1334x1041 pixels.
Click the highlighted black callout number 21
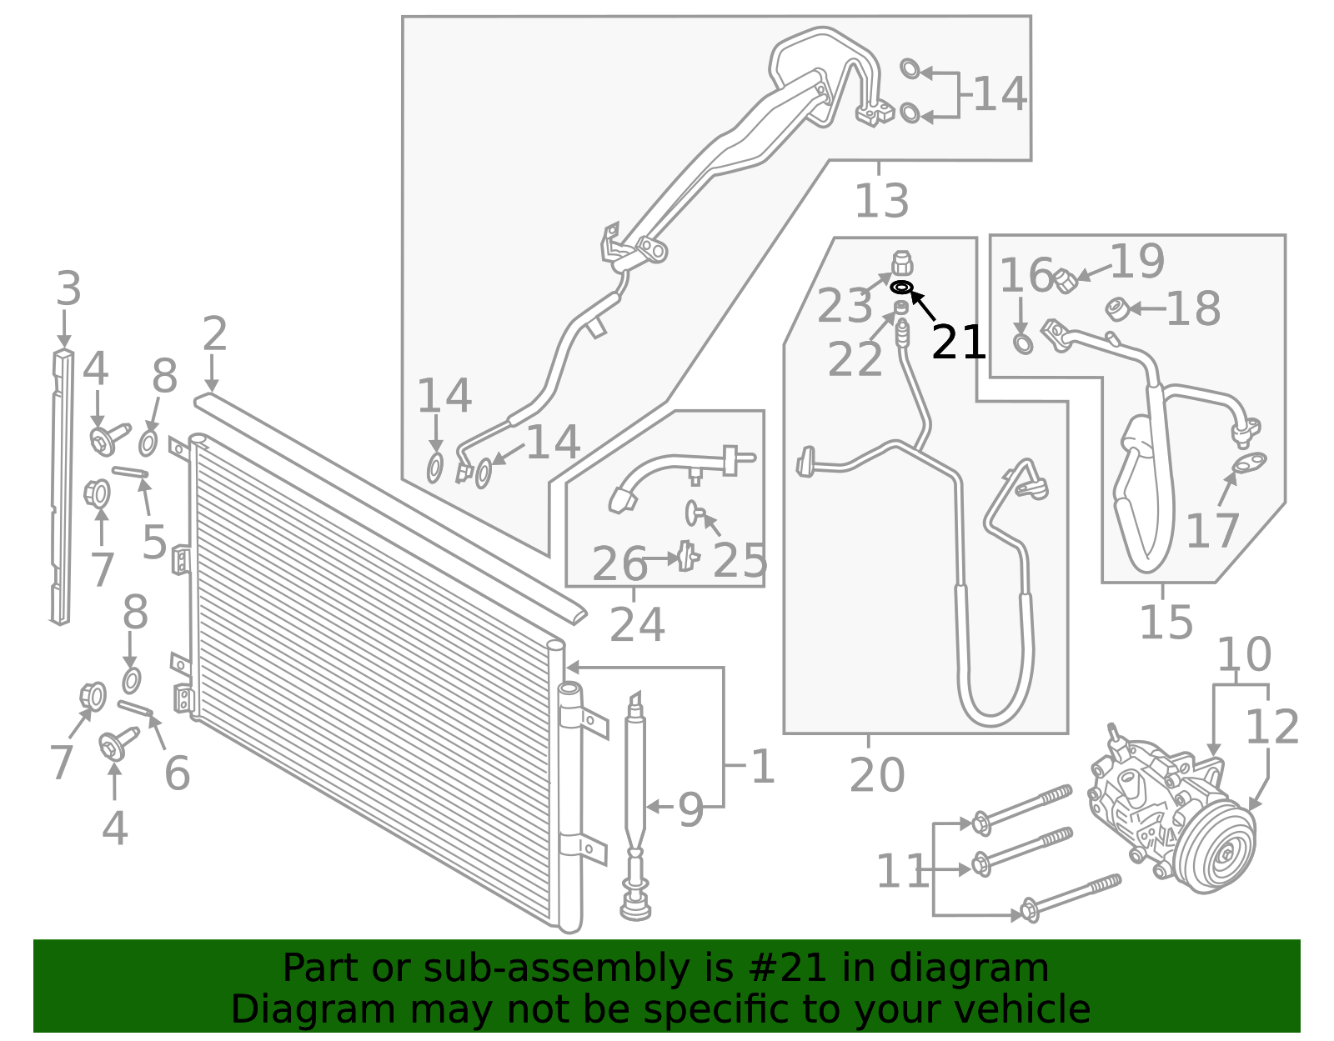pos(958,343)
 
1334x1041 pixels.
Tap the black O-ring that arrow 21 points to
pos(901,288)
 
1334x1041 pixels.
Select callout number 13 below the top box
pos(881,201)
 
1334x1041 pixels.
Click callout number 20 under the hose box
pos(876,775)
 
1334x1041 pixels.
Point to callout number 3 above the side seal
pos(68,289)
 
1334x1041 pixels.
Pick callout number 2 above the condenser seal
pos(214,334)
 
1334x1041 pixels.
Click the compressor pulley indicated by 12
pos(1217,854)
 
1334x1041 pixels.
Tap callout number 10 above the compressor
pos(1243,655)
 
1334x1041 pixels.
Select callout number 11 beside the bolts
pos(901,872)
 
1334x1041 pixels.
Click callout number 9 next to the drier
pos(690,810)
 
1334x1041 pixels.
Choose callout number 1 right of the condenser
pos(762,767)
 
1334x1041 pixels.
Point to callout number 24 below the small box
pos(637,625)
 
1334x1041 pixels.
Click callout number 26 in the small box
pos(619,564)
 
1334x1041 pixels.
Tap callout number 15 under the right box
pos(1166,622)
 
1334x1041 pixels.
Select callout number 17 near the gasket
pos(1212,531)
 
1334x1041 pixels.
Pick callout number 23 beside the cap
pos(844,306)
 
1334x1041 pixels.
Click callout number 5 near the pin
pos(154,543)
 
